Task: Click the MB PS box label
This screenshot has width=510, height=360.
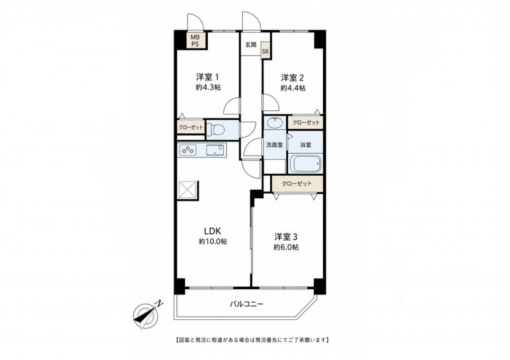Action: (195, 41)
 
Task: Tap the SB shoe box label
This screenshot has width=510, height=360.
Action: (265, 52)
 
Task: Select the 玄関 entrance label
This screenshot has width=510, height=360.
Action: (251, 45)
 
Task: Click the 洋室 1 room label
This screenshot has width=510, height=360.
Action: (207, 77)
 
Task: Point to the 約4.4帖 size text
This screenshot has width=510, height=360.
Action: (293, 88)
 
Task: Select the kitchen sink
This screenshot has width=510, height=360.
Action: (215, 150)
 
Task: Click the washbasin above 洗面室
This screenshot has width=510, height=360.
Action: (275, 122)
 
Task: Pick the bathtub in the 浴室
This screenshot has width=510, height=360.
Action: (305, 164)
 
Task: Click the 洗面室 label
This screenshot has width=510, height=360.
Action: (275, 145)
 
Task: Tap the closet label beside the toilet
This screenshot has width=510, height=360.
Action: (191, 127)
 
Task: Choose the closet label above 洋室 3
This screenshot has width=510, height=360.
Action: (297, 184)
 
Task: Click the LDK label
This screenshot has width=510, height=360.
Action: (213, 231)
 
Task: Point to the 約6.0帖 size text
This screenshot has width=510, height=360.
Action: (286, 247)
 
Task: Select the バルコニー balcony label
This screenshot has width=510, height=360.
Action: (247, 305)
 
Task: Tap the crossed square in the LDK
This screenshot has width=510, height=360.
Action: (187, 189)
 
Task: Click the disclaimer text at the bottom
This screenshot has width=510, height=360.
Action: (252, 340)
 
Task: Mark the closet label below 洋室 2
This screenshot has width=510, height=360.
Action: (306, 122)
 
